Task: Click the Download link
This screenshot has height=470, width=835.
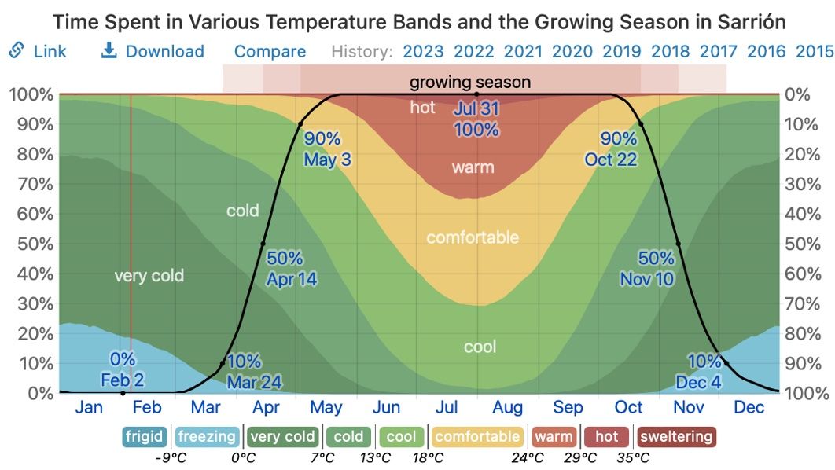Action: pyautogui.click(x=153, y=52)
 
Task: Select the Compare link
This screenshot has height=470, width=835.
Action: pyautogui.click(x=270, y=52)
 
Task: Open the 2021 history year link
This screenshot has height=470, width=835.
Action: pyautogui.click(x=523, y=52)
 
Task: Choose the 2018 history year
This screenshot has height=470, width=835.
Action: pyautogui.click(x=671, y=52)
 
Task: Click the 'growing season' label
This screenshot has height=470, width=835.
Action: pyautogui.click(x=470, y=82)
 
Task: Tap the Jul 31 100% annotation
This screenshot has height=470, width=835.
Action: pyautogui.click(x=476, y=119)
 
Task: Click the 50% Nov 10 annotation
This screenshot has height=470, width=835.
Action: pyautogui.click(x=647, y=268)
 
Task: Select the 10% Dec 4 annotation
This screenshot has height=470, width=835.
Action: pyautogui.click(x=698, y=372)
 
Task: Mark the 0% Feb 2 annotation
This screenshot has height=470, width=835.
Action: pyautogui.click(x=123, y=370)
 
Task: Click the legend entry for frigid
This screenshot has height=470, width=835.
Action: pyautogui.click(x=144, y=437)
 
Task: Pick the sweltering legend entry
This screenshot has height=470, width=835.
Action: pyautogui.click(x=675, y=437)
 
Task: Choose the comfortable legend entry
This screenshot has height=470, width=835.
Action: pyautogui.click(x=477, y=437)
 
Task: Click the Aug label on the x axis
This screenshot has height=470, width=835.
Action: pyautogui.click(x=507, y=407)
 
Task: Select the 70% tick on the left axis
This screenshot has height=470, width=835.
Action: pyautogui.click(x=31, y=184)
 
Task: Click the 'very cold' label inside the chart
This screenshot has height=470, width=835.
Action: pyautogui.click(x=149, y=276)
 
